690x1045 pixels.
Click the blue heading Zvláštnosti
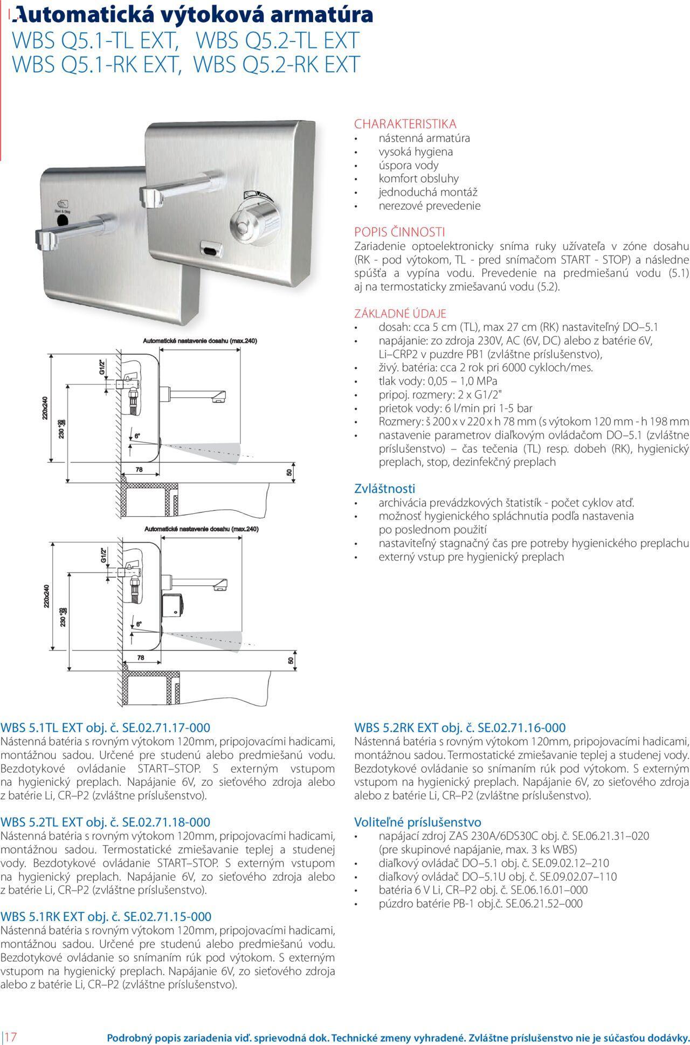[385, 489]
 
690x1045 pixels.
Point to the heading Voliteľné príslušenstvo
[417, 822]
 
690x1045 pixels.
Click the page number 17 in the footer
[11, 1036]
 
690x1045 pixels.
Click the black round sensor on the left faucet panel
[63, 220]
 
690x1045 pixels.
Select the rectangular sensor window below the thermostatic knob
[211, 248]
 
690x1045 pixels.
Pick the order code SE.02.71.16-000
[522, 728]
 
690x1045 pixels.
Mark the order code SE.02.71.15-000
[168, 917]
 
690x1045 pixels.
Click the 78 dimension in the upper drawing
[139, 470]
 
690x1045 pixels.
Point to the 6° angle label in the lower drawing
[138, 624]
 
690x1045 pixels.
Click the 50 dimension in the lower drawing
[291, 660]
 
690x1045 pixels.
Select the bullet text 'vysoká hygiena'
[415, 152]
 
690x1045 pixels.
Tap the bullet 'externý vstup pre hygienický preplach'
[471, 557]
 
